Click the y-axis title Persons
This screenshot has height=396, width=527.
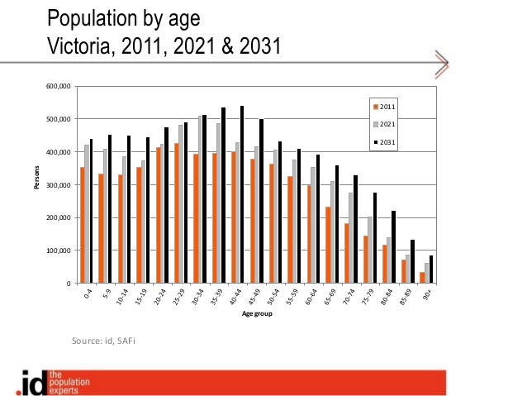(x=36, y=184)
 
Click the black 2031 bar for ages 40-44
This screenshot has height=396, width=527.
(x=241, y=194)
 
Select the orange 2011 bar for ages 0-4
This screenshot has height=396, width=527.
(x=83, y=225)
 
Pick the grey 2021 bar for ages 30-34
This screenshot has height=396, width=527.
(x=199, y=200)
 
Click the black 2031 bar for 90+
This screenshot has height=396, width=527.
(x=430, y=270)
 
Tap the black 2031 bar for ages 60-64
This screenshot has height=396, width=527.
(x=316, y=219)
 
